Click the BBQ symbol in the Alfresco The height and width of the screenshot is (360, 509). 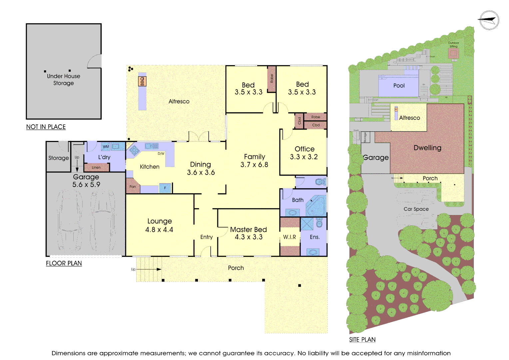(142, 81)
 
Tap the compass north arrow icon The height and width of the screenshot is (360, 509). (489, 20)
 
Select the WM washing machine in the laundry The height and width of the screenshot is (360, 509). (106, 147)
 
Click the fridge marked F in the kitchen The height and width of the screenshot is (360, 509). (165, 188)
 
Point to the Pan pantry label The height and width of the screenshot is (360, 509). (133, 187)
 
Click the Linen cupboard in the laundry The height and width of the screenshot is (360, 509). (96, 167)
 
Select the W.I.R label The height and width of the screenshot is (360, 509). (289, 237)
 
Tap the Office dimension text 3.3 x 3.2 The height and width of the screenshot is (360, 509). (304, 157)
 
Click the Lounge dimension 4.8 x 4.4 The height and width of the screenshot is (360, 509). (159, 230)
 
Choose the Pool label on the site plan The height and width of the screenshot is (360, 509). (399, 86)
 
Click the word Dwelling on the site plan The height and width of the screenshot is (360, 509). (427, 148)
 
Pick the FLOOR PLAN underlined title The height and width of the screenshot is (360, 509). (64, 263)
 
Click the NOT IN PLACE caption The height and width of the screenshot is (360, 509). (46, 127)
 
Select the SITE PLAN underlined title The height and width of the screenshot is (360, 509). (362, 340)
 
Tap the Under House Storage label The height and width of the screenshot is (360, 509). (64, 80)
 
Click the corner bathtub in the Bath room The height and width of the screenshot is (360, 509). (316, 206)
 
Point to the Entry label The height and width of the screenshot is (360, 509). (207, 237)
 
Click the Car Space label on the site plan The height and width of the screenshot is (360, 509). (416, 209)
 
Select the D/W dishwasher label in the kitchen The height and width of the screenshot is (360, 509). (161, 154)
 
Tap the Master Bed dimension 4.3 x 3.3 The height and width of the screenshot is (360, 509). (249, 237)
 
